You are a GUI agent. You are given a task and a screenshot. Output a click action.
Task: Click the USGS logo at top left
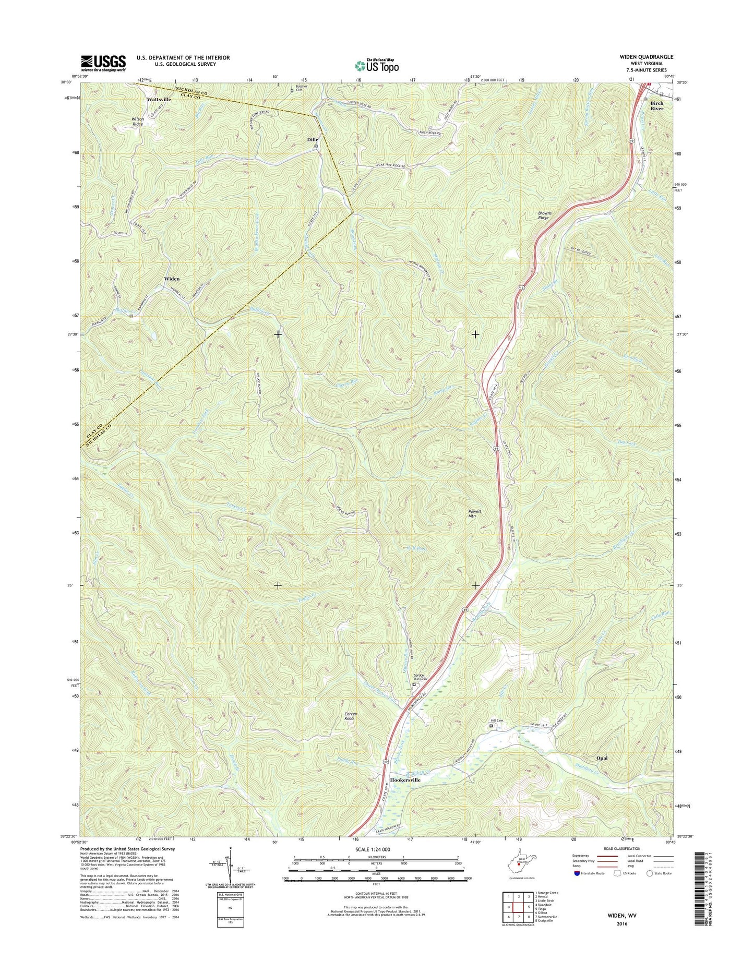[103, 63]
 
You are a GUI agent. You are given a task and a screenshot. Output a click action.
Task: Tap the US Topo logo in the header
[377, 66]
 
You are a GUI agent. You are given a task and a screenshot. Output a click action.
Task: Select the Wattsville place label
[159, 99]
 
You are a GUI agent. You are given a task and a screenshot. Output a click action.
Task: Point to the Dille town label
[312, 140]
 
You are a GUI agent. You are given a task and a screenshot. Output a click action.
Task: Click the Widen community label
[172, 279]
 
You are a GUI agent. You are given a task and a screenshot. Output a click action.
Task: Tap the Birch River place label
[656, 106]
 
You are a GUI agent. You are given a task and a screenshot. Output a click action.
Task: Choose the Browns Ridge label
[544, 215]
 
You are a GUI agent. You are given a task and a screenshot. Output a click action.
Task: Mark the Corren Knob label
[350, 716]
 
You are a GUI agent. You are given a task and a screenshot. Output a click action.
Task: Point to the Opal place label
[602, 758]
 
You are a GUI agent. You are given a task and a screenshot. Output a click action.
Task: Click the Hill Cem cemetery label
[496, 720]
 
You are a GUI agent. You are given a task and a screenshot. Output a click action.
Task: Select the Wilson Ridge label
[138, 122]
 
